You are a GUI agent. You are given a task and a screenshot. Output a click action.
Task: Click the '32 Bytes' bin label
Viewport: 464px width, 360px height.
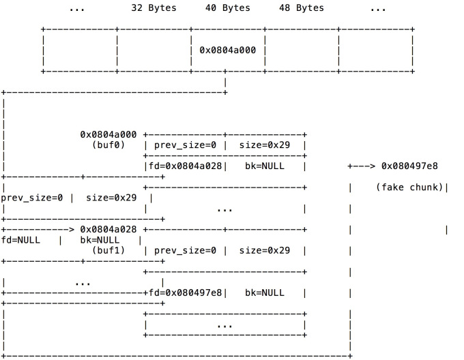click(154, 8)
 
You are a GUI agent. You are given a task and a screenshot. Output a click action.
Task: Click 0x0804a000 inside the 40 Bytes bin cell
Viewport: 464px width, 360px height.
click(227, 50)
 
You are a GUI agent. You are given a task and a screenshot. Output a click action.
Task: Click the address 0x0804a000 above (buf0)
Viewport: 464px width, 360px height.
click(108, 134)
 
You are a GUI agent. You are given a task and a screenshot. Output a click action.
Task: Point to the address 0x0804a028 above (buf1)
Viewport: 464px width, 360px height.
click(108, 229)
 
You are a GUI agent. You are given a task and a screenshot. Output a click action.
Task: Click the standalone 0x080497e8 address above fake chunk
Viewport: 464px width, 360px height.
click(409, 166)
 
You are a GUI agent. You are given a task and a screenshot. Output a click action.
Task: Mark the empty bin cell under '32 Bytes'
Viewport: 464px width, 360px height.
click(154, 50)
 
